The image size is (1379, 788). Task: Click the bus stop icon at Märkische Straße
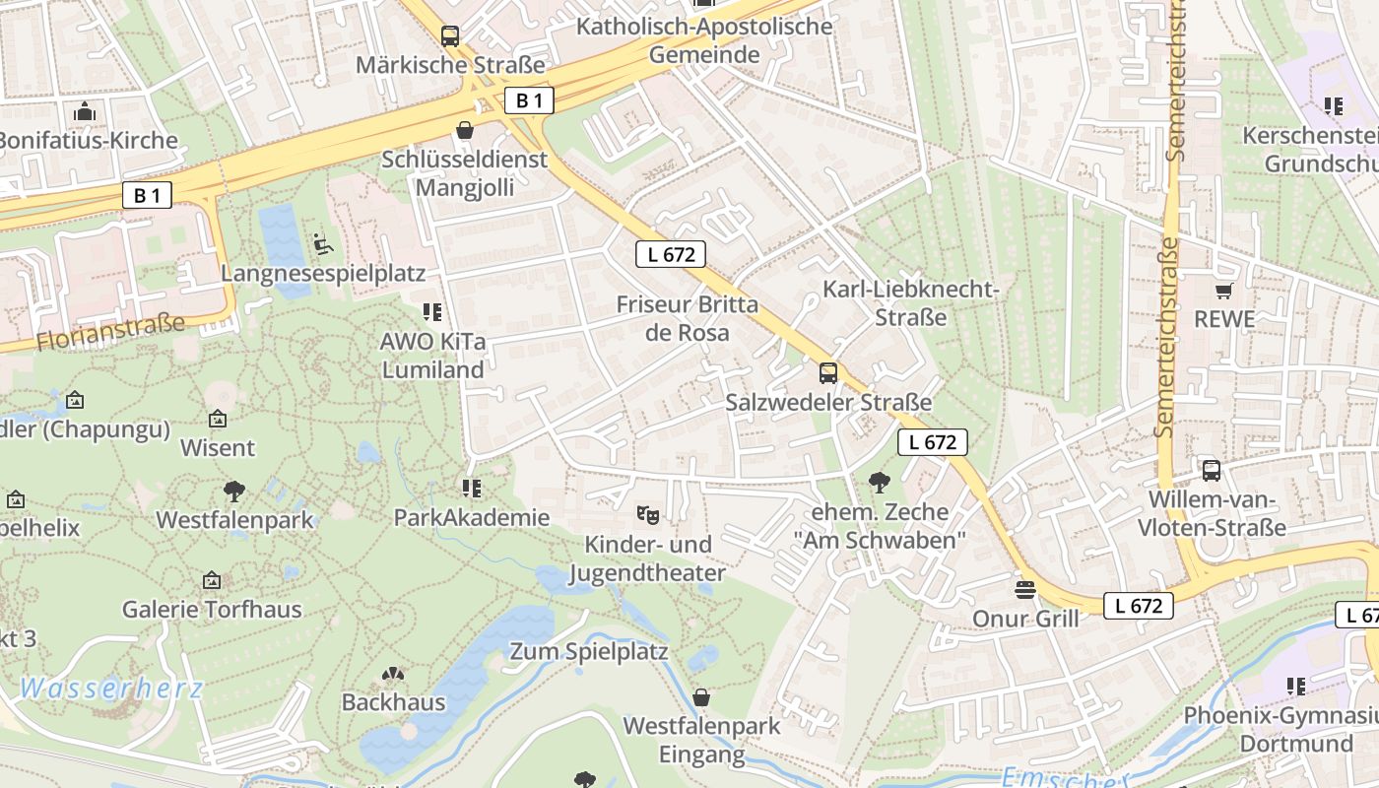[450, 36]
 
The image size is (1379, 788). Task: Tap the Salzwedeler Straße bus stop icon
[828, 373]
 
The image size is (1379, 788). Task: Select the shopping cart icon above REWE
[1223, 291]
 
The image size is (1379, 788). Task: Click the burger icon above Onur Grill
[1025, 590]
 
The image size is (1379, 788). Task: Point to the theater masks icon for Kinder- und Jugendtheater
[647, 514]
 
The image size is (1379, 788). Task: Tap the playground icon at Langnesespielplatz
[321, 242]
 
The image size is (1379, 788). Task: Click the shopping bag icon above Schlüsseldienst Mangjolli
[464, 130]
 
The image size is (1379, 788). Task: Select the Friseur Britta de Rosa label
[688, 318]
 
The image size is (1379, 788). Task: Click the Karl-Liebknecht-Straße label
[911, 303]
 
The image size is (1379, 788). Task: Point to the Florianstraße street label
[110, 331]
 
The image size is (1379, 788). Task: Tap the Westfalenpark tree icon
[234, 491]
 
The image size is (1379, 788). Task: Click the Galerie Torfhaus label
[212, 610]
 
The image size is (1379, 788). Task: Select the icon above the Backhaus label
[393, 675]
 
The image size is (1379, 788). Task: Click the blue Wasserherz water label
[110, 689]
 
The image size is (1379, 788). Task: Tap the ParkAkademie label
[472, 517]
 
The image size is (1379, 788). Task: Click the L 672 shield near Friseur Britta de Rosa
[671, 254]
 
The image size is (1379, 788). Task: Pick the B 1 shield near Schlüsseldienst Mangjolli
[529, 99]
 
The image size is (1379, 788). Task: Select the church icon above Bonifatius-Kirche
[85, 111]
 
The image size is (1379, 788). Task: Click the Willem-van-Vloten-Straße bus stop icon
[1212, 471]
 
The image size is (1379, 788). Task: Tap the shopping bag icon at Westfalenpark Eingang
[701, 697]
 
